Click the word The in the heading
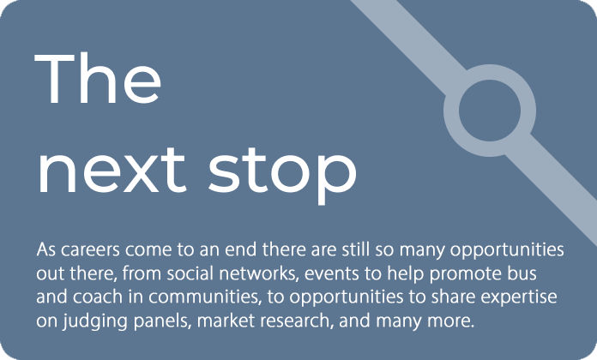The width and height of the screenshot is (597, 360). [x=98, y=78]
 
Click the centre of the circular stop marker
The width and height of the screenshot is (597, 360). [x=490, y=111]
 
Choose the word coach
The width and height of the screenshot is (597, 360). [x=98, y=297]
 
